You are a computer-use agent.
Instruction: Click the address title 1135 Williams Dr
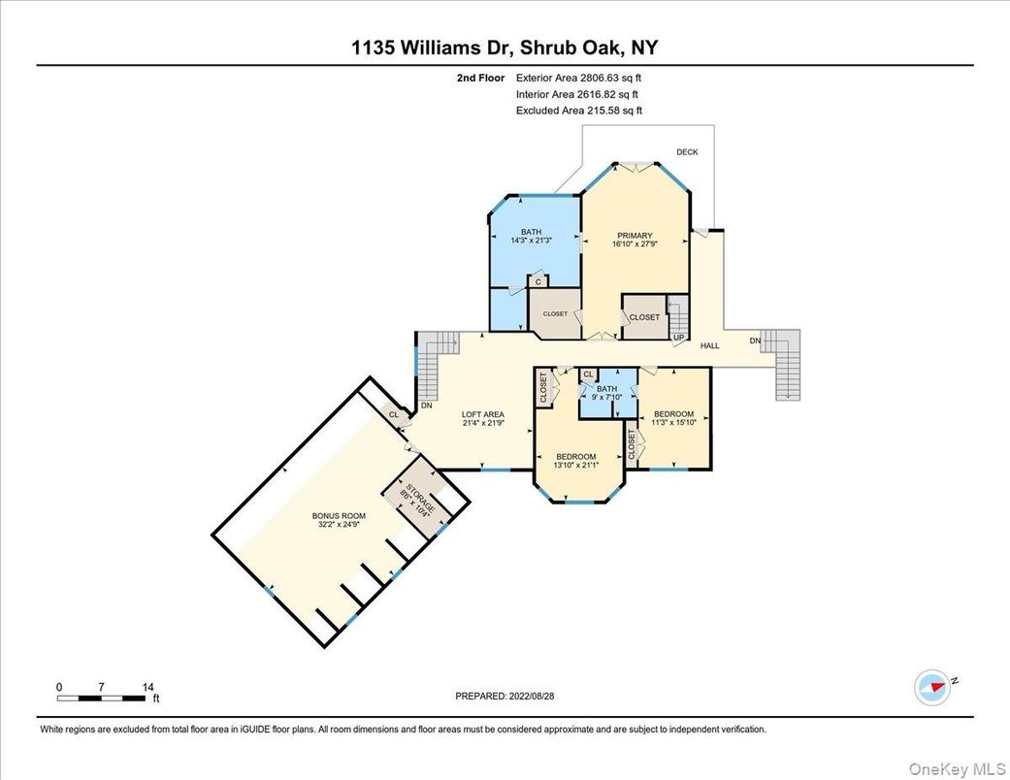pos(505,49)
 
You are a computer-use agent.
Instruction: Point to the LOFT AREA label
pos(482,414)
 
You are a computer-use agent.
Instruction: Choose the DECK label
pos(687,152)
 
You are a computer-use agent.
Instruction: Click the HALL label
pos(710,345)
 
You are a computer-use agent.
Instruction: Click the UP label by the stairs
pos(679,338)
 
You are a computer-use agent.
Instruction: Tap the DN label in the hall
pos(755,341)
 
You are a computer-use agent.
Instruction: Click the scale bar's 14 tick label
pos(147,687)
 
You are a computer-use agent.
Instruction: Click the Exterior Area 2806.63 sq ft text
pos(578,79)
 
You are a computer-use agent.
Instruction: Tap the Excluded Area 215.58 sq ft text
pos(578,111)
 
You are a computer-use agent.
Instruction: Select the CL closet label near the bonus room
pos(393,414)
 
